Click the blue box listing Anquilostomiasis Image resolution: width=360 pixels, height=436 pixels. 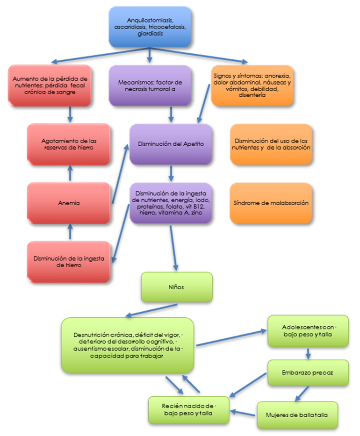pyautogui.click(x=150, y=27)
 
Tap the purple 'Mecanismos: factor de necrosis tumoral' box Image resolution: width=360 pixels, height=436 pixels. pyautogui.click(x=150, y=86)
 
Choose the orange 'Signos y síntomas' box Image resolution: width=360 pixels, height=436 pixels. pyautogui.click(x=252, y=85)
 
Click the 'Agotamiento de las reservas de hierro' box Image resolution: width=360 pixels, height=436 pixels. pyautogui.click(x=69, y=144)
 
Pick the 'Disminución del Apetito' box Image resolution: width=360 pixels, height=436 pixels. pyautogui.click(x=171, y=144)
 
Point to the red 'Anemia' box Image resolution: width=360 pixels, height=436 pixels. pyautogui.click(x=69, y=203)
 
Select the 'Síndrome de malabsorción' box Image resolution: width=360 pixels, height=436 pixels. pyautogui.click(x=271, y=203)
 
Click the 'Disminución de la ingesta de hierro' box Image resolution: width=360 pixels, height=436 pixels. pyautogui.click(x=69, y=261)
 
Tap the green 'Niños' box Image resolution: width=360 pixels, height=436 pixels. pyautogui.click(x=177, y=287)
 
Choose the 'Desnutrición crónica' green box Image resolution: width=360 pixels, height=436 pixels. pyautogui.click(x=127, y=344)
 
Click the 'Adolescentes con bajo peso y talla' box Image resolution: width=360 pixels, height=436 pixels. pyautogui.click(x=308, y=330)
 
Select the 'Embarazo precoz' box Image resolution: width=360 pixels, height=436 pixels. pyautogui.click(x=308, y=372)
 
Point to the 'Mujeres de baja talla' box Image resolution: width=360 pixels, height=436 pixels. pyautogui.click(x=296, y=414)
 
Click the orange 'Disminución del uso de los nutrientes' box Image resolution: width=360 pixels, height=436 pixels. pyautogui.click(x=271, y=144)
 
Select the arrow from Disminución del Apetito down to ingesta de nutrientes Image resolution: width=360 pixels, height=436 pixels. pyautogui.click(x=171, y=173)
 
